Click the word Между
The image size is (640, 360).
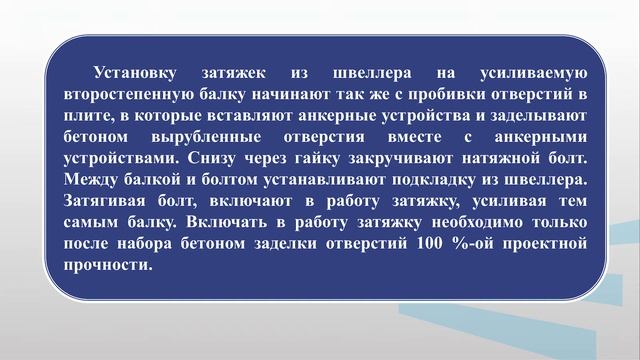click(89, 181)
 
